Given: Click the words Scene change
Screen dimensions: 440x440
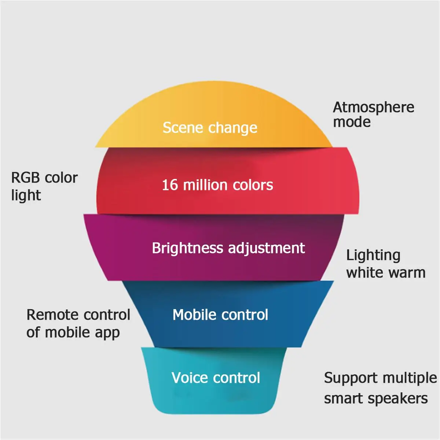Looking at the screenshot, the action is (x=210, y=128).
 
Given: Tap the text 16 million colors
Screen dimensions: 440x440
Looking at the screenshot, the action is (x=217, y=185).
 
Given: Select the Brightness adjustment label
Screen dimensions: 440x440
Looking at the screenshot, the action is (x=228, y=248).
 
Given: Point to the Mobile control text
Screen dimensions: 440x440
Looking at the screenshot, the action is (x=220, y=315).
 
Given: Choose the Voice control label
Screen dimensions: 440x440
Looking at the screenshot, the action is (x=216, y=378).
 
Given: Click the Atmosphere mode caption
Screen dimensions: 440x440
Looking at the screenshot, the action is (x=373, y=114).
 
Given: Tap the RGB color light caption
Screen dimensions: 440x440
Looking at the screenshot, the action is (x=44, y=186).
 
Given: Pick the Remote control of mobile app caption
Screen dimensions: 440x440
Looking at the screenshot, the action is (x=78, y=323).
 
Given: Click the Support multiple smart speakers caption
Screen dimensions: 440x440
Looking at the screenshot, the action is (x=380, y=388).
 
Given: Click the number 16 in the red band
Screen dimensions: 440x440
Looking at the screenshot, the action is (x=170, y=185).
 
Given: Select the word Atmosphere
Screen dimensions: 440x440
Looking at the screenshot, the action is (x=373, y=107).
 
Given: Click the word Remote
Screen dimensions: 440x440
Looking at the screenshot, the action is (x=52, y=315).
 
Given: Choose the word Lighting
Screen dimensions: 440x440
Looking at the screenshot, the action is (x=373, y=256).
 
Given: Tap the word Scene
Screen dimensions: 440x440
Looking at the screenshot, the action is (x=182, y=128).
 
